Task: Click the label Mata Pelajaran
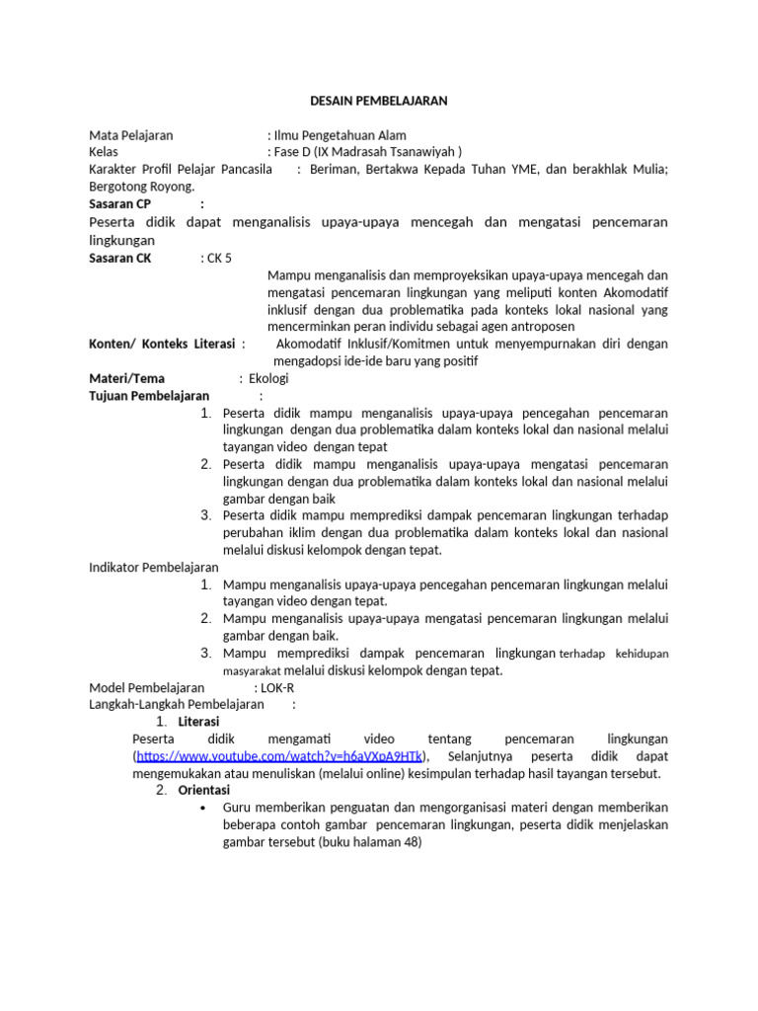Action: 131,134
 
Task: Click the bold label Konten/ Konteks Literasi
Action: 163,343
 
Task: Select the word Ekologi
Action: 268,378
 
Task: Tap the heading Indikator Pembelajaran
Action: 154,568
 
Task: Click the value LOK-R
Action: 277,687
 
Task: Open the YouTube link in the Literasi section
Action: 279,756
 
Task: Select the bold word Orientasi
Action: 204,791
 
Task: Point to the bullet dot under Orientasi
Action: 202,809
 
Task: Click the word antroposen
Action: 542,326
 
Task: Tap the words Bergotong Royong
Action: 141,187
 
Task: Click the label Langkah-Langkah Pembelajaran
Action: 177,704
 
